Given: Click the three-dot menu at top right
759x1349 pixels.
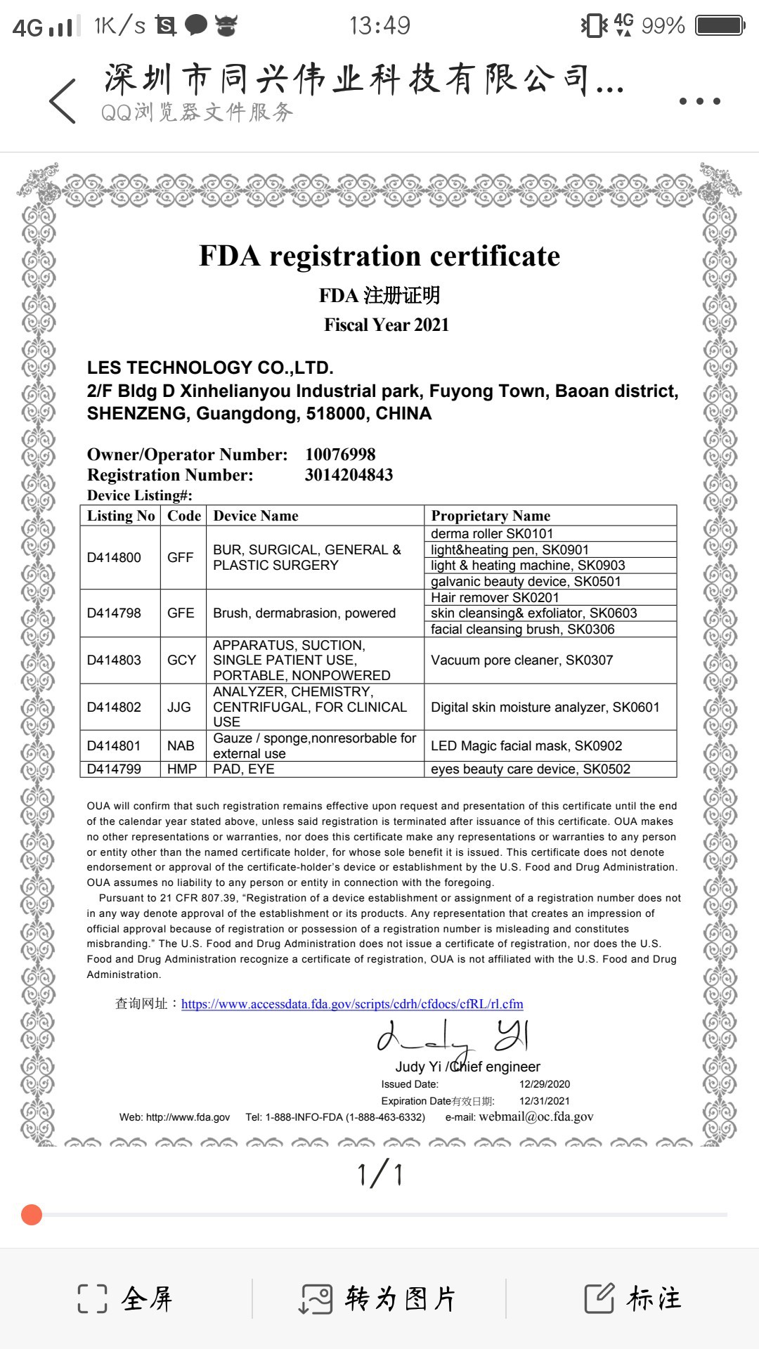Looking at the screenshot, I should pos(699,101).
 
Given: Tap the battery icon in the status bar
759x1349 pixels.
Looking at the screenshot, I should pos(720,26).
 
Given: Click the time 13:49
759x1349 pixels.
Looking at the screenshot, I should pos(379,26).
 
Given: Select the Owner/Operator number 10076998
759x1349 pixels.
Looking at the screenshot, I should pos(340,455).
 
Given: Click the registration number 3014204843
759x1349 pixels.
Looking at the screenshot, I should pos(349,475).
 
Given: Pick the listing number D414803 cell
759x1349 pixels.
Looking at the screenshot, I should pos(114,660).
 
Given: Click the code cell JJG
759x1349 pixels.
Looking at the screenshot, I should pos(179,707).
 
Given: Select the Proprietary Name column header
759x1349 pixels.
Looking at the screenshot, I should pos(491,516).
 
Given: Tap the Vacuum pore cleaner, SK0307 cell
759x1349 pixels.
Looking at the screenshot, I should pos(522,660).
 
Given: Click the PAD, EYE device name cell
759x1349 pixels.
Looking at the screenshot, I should pos(244,769).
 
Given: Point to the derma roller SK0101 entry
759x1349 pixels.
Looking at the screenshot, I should pos(492,533).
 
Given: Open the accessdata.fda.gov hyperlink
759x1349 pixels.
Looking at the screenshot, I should pos(352,1004).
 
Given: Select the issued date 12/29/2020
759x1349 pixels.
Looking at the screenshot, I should pos(545,1084).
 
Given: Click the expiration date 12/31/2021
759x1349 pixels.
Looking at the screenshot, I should pos(545,1101).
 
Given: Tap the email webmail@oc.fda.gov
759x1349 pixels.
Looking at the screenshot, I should pos(536,1116).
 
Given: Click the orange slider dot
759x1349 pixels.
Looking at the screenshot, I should pos(32,1214).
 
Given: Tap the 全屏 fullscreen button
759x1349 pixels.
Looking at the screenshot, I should pos(126,1298).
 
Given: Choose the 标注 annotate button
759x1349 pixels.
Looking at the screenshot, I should pos(633,1298).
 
